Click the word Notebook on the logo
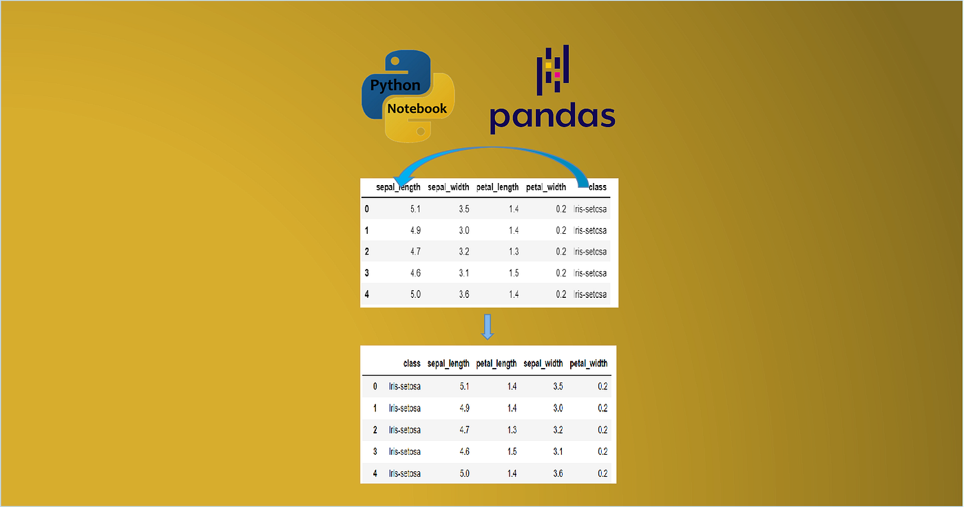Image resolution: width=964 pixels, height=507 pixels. pos(417,108)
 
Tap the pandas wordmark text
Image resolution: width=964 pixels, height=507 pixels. pos(552,116)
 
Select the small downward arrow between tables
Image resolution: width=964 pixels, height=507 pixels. pos(488,327)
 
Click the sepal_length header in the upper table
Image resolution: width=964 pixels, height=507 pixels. pos(398,187)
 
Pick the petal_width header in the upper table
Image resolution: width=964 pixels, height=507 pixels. pos(546,187)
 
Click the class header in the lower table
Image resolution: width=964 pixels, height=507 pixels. pos(412,363)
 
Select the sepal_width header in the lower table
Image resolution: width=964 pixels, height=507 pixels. pos(543,363)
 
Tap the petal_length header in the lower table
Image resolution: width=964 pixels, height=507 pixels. pos(496,363)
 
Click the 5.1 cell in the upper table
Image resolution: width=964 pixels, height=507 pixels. pos(415,209)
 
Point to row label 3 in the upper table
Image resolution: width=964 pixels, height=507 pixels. pos(367,273)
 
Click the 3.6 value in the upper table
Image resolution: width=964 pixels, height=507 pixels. pos(464,294)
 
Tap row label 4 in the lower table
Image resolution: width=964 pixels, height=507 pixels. pos(375,473)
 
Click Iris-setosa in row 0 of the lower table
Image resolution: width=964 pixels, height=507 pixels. pos(405,387)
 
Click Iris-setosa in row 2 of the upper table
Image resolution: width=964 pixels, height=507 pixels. pos(590,252)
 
